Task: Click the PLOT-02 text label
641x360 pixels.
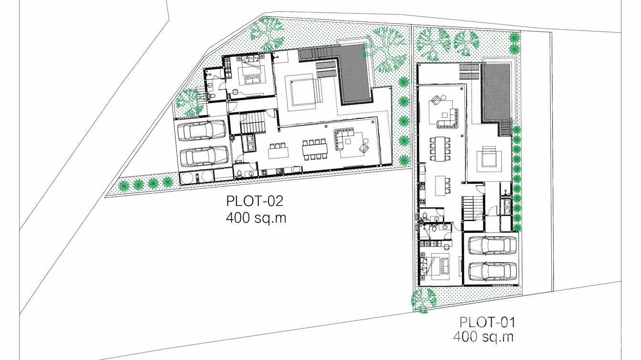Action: point(255,201)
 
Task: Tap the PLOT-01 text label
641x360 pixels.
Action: point(487,322)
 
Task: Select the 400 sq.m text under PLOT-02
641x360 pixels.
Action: point(256,218)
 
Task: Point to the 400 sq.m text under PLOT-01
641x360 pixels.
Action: point(483,337)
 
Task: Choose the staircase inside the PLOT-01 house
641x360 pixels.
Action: point(473,208)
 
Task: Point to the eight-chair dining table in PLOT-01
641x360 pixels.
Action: point(440,148)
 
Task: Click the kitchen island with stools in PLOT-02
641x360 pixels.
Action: point(278,150)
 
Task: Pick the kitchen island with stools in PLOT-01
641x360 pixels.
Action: point(443,186)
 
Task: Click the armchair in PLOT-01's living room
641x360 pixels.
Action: point(436,100)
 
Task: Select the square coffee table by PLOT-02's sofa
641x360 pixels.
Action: point(348,141)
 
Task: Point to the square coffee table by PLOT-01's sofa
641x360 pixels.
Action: point(444,115)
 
